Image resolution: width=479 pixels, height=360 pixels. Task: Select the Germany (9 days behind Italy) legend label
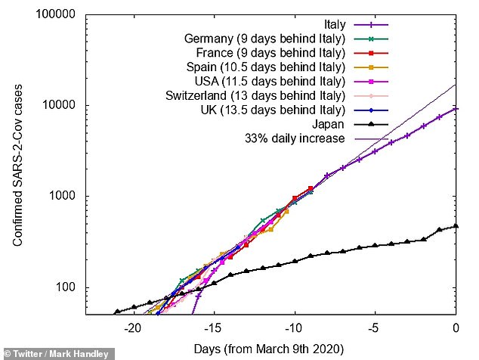[x=264, y=39]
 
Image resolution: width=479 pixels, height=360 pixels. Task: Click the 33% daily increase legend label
[x=295, y=138]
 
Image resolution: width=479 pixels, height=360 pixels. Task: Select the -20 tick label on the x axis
[x=133, y=327]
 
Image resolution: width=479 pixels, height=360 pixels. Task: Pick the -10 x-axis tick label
[x=295, y=327]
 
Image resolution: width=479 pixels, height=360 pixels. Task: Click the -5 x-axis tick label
[x=375, y=327]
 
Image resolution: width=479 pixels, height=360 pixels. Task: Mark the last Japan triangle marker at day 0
[x=456, y=225]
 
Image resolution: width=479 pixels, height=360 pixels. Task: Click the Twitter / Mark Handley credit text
[x=57, y=353]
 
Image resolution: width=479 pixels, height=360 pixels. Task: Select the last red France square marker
[x=311, y=188]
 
